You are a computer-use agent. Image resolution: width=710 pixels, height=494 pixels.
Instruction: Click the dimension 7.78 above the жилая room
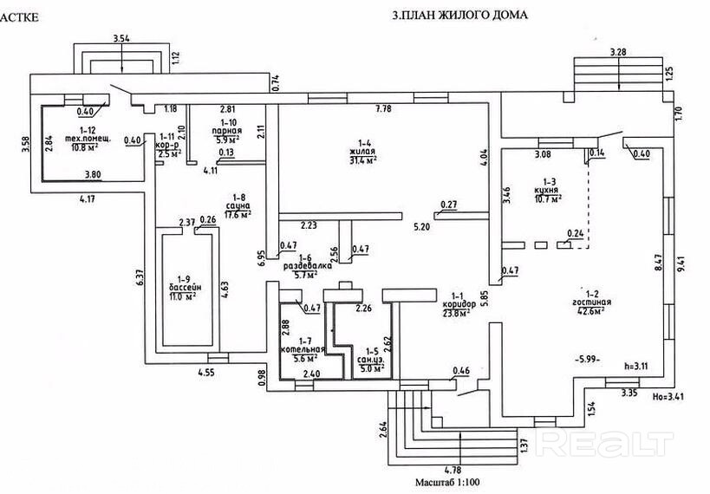coord(383,108)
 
